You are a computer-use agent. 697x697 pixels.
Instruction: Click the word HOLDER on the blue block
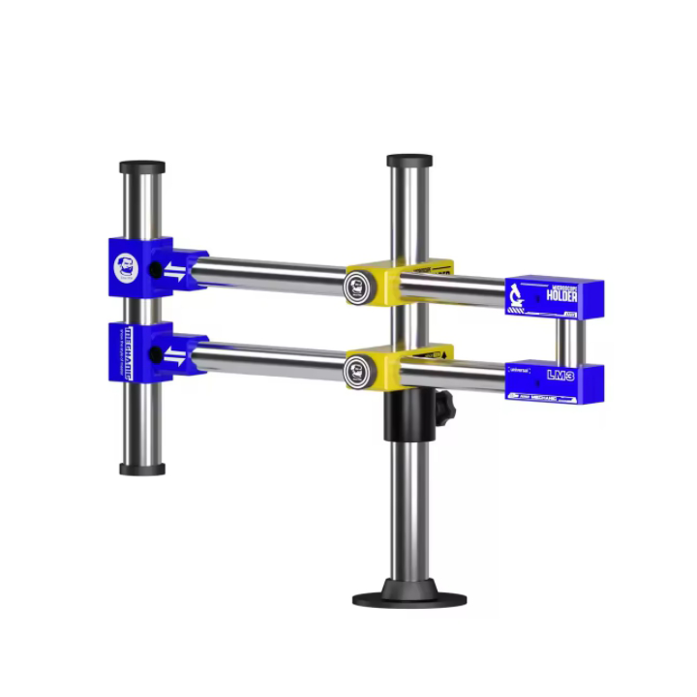(561, 295)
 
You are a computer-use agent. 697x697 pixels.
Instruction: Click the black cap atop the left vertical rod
(142, 167)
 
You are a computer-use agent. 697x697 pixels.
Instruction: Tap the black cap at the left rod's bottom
(142, 470)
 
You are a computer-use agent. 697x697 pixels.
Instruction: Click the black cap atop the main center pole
(409, 161)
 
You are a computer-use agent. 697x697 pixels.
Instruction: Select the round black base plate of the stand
(409, 594)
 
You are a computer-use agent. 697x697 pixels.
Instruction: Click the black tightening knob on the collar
(444, 410)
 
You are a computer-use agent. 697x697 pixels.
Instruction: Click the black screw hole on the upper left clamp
(154, 270)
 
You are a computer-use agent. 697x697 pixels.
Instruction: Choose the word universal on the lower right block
(522, 369)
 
